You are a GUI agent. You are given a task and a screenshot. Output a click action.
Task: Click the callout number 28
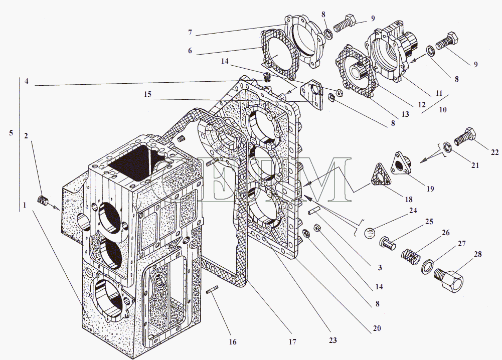point(476,254)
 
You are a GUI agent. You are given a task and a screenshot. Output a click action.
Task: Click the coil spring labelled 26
point(412,256)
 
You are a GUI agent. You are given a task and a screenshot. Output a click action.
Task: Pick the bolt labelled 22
point(465,136)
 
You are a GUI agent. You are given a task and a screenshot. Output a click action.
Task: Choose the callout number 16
point(232,342)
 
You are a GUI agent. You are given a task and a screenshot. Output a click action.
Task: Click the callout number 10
point(443,109)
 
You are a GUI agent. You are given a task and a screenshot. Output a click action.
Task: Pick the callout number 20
point(377,328)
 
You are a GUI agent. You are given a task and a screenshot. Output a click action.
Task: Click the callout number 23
point(333,340)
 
